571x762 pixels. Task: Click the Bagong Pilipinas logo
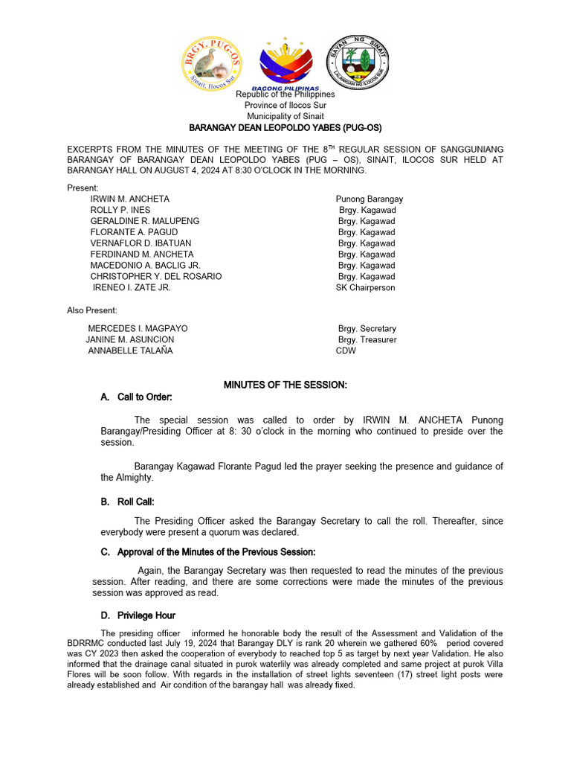[x=285, y=65]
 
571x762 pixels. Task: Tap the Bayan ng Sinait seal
[x=358, y=63]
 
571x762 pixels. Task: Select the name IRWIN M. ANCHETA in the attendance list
[x=130, y=199]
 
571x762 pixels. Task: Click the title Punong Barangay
[x=370, y=199]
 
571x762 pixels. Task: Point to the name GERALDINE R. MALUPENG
[x=145, y=221]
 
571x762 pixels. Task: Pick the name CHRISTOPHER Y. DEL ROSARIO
[x=156, y=276]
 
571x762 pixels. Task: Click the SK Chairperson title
[x=366, y=287]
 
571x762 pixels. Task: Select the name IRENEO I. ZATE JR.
[x=132, y=287]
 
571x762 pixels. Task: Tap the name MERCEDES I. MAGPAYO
[x=138, y=328]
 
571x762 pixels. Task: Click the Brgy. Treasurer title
[x=367, y=339]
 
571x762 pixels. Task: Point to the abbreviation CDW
[x=346, y=350]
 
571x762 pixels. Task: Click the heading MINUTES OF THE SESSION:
[x=285, y=385]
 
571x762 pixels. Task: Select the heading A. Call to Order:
[x=136, y=397]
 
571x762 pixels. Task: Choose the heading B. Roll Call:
[x=127, y=502]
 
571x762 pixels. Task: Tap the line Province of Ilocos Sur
[x=285, y=106]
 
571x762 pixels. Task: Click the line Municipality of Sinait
[x=285, y=117]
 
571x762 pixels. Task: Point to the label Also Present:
[x=92, y=310]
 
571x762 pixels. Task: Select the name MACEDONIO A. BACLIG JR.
[x=146, y=265]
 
